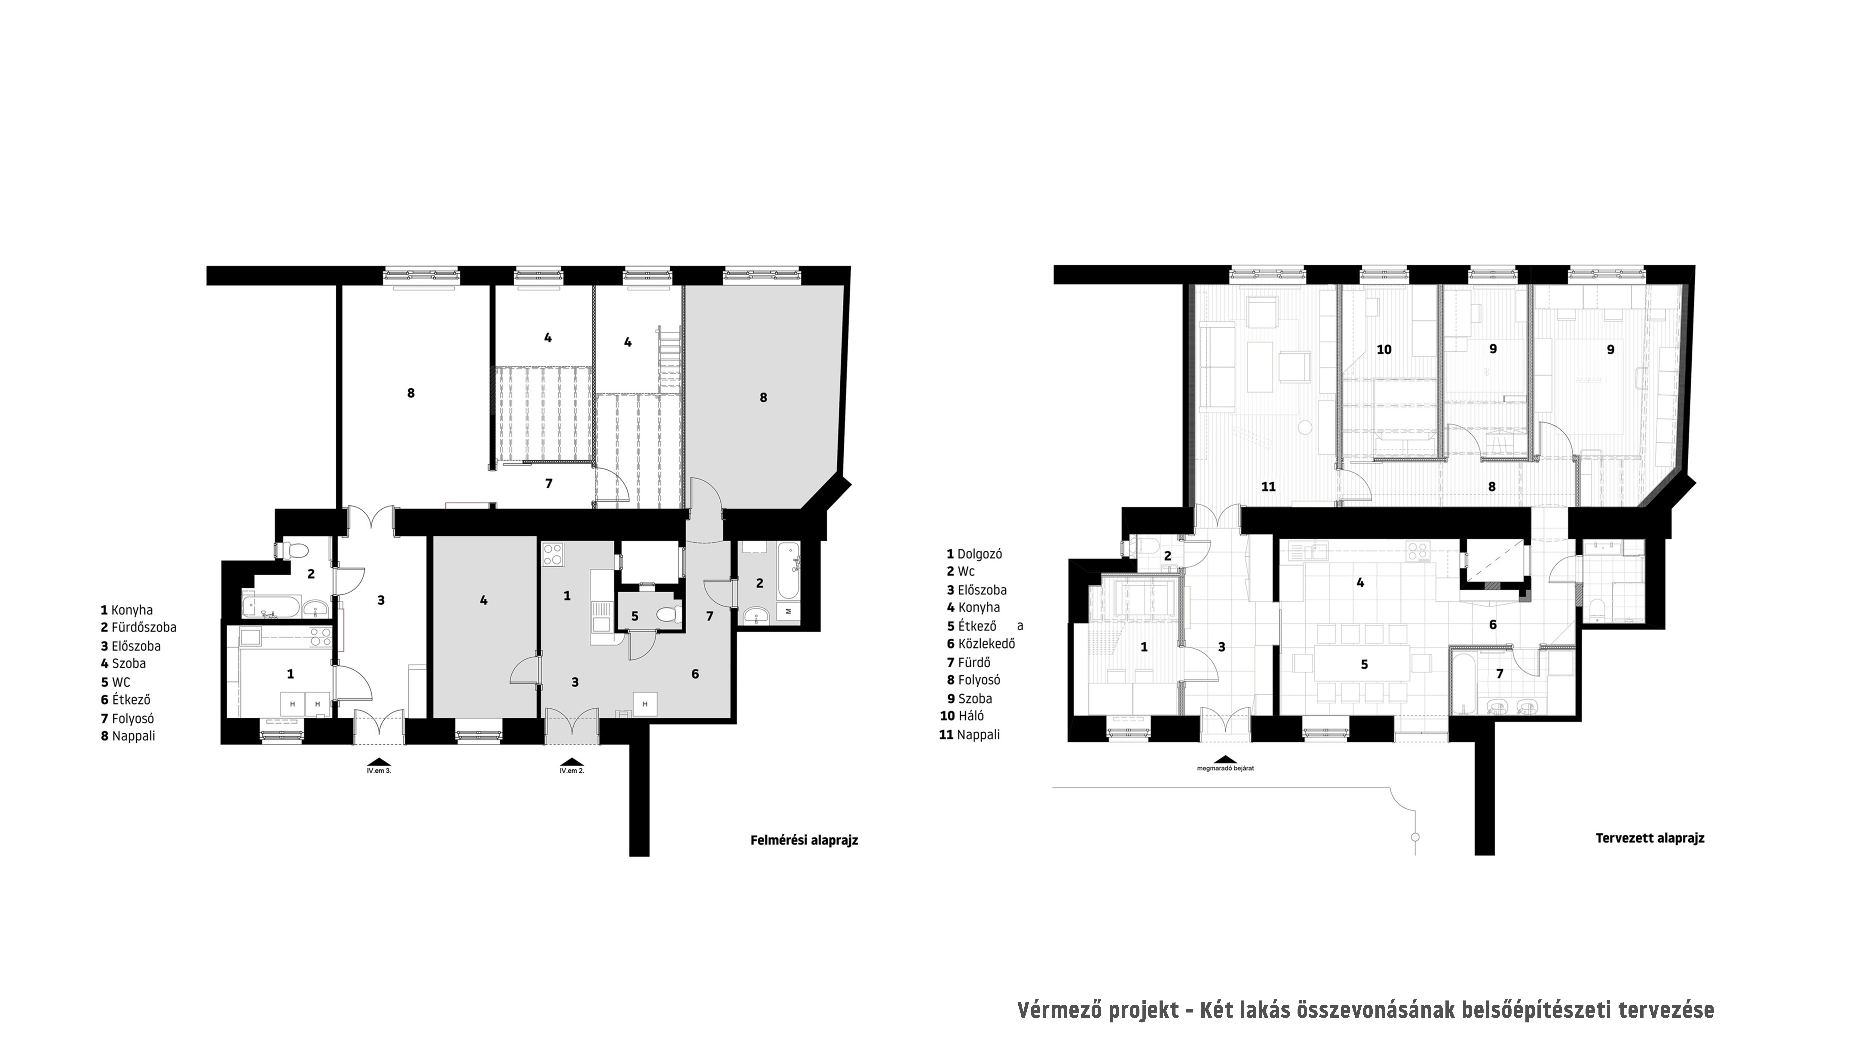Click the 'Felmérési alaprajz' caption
pos(804,840)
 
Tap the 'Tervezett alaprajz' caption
pos(1650,838)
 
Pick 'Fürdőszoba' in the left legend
pos(144,627)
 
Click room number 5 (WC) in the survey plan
pos(634,617)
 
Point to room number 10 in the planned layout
pos(1384,349)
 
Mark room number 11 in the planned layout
pos(1268,487)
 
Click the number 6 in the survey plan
pos(695,674)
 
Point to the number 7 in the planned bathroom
pos(1500,674)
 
